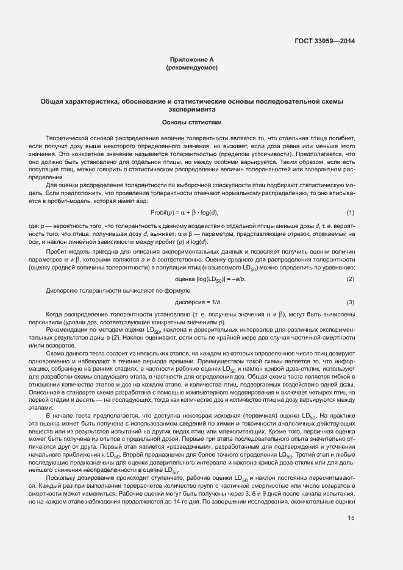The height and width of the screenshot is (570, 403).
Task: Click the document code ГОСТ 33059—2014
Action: (x=324, y=41)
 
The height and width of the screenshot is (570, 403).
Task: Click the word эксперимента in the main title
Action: (x=191, y=110)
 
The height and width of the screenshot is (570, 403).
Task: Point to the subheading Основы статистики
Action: (x=191, y=123)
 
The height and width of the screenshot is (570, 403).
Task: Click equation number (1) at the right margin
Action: (x=350, y=212)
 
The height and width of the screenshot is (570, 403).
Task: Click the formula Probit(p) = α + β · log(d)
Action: (x=184, y=212)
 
